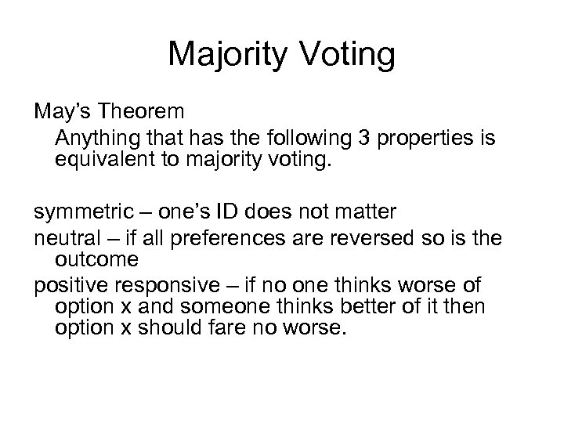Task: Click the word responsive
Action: tap(171, 284)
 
